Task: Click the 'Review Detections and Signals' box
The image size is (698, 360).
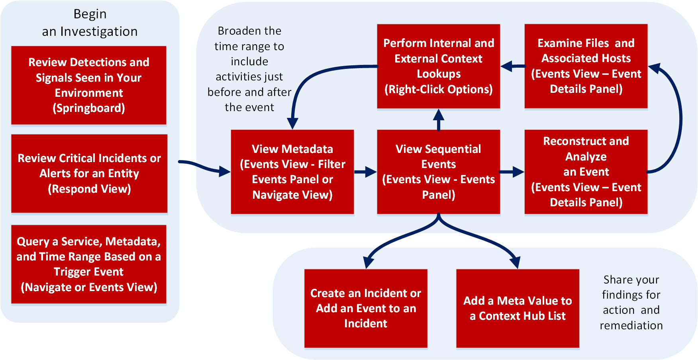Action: click(x=88, y=85)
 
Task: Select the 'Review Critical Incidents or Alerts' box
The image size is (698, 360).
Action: click(x=89, y=173)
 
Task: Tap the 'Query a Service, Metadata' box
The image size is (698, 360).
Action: click(x=88, y=264)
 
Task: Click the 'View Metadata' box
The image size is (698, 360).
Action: click(x=292, y=172)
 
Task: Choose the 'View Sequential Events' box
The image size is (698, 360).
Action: click(x=438, y=172)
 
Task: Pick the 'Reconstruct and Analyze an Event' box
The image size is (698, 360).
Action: click(x=586, y=172)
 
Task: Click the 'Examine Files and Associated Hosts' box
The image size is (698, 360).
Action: click(x=586, y=66)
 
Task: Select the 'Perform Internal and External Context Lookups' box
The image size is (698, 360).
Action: click(x=438, y=66)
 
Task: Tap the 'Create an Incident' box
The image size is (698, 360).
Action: click(x=366, y=308)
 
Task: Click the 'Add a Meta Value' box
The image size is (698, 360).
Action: click(x=517, y=308)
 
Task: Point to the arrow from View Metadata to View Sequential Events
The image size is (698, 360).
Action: click(x=365, y=172)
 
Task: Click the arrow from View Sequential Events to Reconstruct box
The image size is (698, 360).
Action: click(x=512, y=172)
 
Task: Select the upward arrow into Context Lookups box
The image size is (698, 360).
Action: click(x=439, y=119)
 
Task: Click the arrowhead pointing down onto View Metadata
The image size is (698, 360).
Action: click(x=292, y=123)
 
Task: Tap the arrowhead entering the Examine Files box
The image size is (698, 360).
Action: click(x=655, y=68)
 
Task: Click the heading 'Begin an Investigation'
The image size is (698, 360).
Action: click(x=90, y=23)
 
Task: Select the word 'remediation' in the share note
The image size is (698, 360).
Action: click(x=631, y=325)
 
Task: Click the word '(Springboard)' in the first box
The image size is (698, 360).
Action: click(x=89, y=108)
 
